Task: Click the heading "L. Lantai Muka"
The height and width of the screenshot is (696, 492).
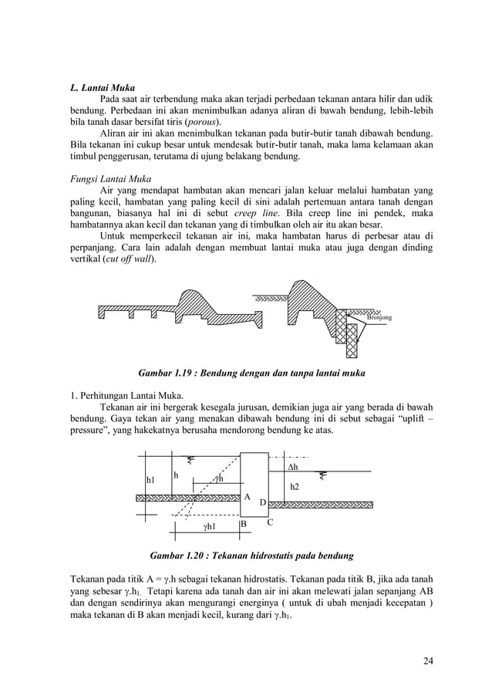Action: [103, 89]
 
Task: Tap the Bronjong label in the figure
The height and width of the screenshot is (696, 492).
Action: [379, 317]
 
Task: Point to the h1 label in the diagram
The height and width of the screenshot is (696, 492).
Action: [151, 480]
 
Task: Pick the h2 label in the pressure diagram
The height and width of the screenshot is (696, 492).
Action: [295, 488]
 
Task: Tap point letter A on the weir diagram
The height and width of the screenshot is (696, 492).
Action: [248, 498]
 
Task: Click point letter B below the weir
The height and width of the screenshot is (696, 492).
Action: [243, 525]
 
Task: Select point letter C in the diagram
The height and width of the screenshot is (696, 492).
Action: [270, 522]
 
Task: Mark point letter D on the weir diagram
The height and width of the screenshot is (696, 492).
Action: [262, 503]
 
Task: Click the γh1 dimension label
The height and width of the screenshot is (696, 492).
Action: [208, 527]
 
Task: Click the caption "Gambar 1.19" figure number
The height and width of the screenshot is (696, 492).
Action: [165, 373]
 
